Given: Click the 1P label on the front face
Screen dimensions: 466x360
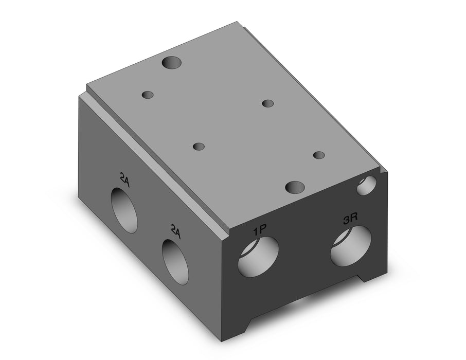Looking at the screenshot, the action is [x=259, y=230].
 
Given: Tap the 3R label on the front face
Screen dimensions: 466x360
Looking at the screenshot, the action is [x=350, y=220].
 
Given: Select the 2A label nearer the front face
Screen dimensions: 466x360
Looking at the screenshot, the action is [x=175, y=231].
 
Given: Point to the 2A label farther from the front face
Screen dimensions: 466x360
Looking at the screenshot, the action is [x=124, y=180].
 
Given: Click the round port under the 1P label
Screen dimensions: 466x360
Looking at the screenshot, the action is [x=258, y=257].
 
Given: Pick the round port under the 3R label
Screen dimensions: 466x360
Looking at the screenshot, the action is [x=351, y=246].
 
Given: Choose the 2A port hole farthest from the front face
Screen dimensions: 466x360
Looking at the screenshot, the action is [x=124, y=210].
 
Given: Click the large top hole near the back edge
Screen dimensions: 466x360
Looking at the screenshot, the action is [x=172, y=62].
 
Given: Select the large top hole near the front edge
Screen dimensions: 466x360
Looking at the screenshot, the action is [x=295, y=187].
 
